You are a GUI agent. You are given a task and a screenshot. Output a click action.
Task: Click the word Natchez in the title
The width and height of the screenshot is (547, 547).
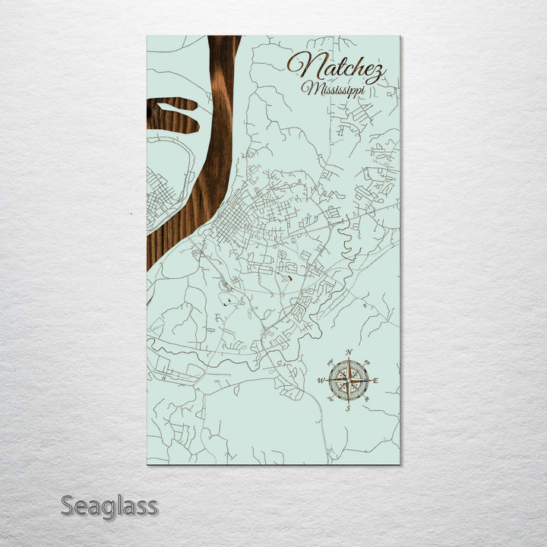(336, 68)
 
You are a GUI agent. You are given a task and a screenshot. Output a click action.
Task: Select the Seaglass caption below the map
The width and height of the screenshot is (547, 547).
(109, 505)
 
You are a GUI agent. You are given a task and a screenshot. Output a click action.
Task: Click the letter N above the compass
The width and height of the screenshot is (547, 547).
(349, 353)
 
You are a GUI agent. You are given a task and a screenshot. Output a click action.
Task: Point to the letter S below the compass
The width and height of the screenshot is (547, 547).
(348, 409)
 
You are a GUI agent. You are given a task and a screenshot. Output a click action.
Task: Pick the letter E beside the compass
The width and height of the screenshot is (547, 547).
(375, 381)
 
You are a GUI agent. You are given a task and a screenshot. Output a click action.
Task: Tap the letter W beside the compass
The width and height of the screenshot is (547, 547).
(321, 381)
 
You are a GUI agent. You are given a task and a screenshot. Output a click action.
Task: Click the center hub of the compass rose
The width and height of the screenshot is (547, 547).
(348, 380)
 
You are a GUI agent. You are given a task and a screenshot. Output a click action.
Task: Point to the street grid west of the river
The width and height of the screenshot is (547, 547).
(162, 197)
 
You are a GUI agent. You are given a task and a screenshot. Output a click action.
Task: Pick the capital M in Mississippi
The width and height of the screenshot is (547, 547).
(308, 88)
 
